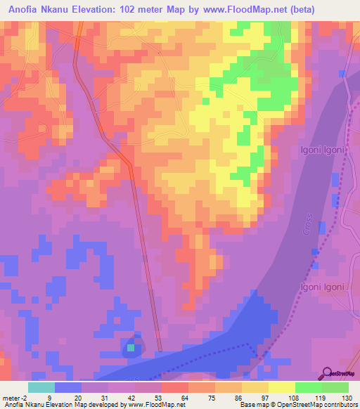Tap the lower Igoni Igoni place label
[323, 287]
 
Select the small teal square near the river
[131, 347]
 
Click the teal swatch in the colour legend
[41, 387]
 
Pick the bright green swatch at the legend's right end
[335, 387]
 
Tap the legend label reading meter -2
[15, 397]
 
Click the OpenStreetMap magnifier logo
[326, 373]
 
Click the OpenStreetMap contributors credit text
[319, 405]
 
